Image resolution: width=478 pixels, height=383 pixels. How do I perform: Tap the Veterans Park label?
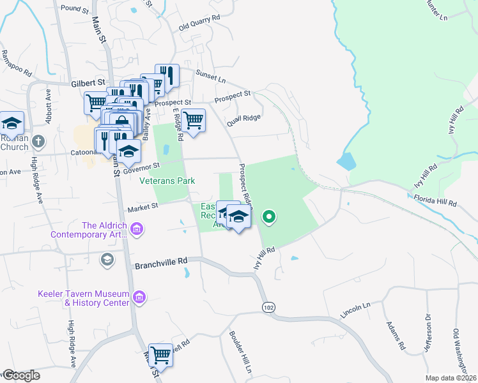tap(167, 181)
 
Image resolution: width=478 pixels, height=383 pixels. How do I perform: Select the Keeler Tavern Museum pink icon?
tap(139, 296)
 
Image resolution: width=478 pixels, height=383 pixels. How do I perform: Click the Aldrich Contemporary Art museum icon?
tap(137, 229)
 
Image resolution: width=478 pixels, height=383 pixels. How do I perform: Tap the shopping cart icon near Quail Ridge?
tap(193, 119)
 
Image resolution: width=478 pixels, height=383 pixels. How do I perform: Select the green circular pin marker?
tap(269, 217)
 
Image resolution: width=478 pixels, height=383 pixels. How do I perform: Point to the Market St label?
tap(143, 207)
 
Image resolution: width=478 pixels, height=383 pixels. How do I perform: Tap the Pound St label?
tap(75, 9)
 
